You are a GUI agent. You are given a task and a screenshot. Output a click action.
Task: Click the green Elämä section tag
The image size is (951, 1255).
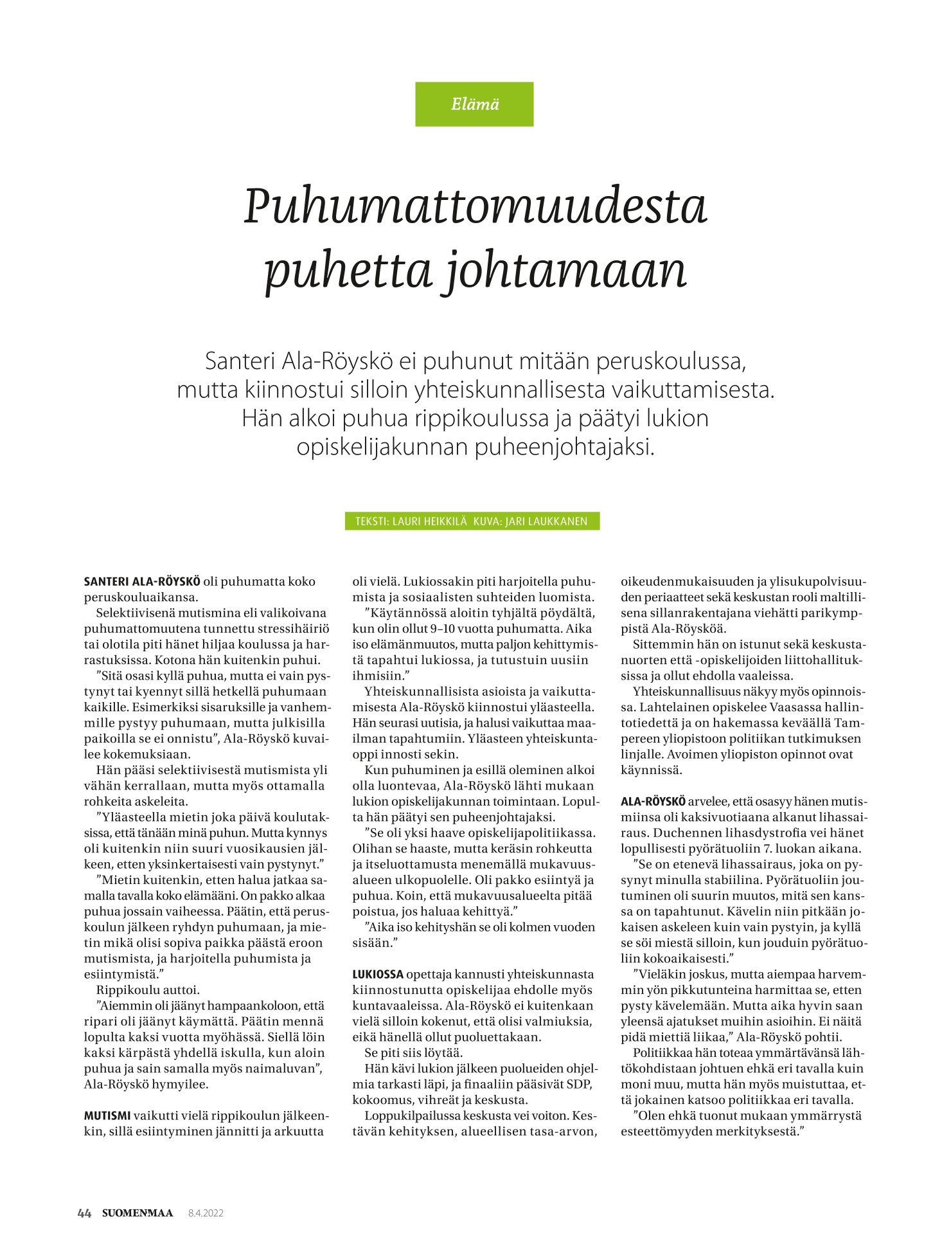(474, 104)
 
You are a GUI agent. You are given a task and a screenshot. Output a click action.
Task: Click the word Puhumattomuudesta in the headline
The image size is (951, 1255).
(475, 207)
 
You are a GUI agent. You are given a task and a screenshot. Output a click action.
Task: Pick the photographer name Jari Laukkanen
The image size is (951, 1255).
(546, 521)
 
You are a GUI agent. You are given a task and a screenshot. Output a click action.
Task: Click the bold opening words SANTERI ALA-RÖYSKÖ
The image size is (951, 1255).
(142, 582)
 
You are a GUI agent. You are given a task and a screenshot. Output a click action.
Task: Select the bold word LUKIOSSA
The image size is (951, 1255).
(378, 974)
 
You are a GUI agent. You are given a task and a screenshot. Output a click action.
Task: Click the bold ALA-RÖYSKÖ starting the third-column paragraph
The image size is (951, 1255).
(653, 802)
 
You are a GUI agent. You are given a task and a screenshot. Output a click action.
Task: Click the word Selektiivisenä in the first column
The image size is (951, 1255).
(136, 613)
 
